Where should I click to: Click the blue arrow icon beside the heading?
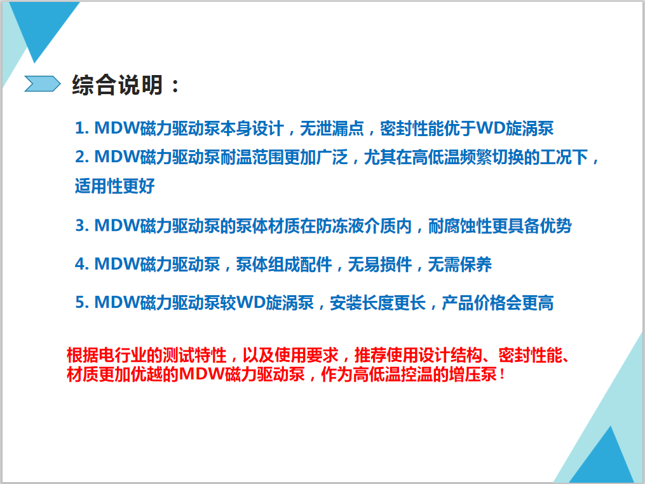tap(43, 83)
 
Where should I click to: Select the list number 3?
tap(81, 226)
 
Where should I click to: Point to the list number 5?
tap(81, 303)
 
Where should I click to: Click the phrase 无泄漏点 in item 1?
tap(332, 128)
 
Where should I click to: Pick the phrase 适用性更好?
tap(115, 186)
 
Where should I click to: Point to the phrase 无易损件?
tap(379, 264)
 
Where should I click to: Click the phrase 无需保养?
tap(460, 264)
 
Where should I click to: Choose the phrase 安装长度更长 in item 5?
tap(377, 303)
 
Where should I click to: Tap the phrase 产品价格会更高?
tap(498, 303)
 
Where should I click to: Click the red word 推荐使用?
tap(386, 355)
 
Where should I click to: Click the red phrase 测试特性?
tap(194, 355)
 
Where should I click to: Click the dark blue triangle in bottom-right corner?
tap(604, 456)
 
